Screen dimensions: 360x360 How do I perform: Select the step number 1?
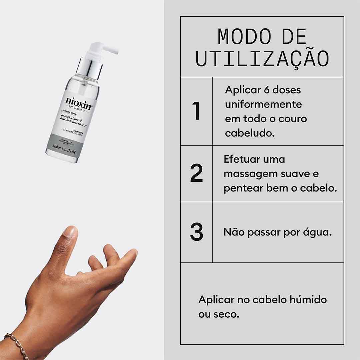[x=197, y=111]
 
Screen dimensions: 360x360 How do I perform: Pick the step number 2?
[x=197, y=173]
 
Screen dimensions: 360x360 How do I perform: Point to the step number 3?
[x=197, y=232]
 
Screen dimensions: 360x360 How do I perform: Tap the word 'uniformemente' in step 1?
[x=263, y=104]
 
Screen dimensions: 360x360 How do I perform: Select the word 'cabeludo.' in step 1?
[x=250, y=133]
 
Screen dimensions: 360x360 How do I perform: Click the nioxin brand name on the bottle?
[x=78, y=101]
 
